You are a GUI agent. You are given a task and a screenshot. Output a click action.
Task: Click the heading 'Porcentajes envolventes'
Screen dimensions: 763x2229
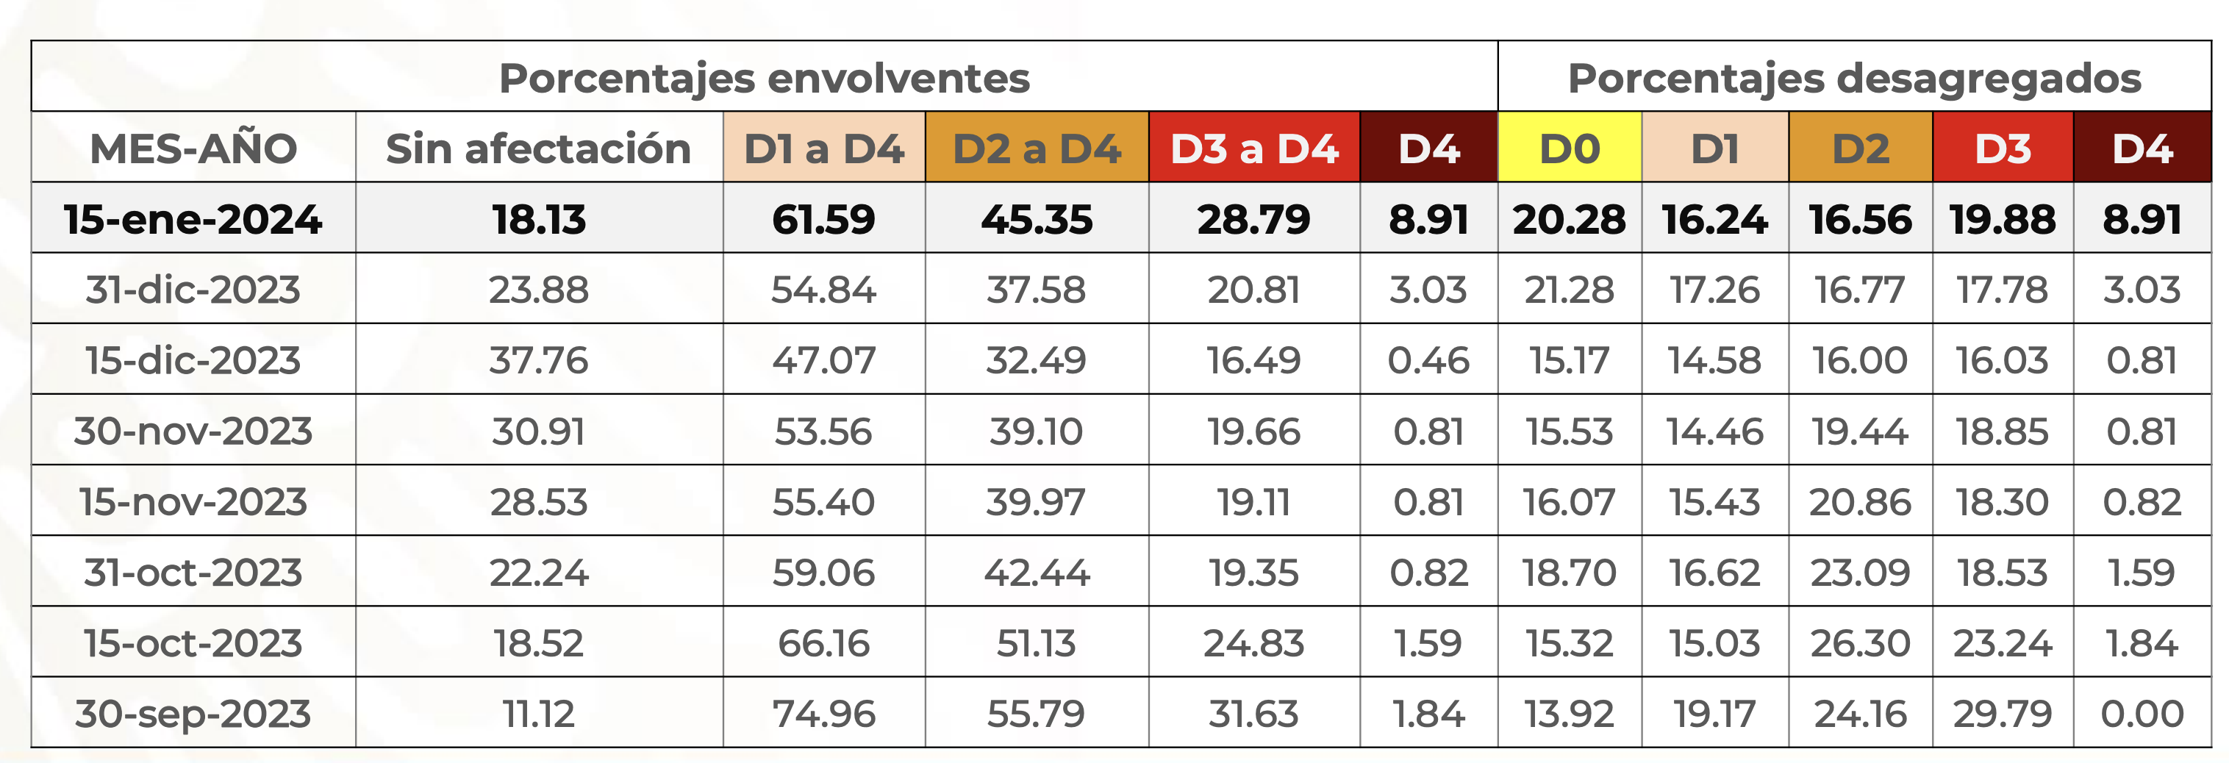[764, 78]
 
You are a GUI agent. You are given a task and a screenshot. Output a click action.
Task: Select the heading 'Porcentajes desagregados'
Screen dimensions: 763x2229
[1853, 78]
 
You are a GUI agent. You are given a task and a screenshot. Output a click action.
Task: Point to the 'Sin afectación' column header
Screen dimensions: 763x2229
[538, 148]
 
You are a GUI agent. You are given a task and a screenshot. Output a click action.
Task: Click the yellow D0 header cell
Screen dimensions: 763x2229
[1569, 148]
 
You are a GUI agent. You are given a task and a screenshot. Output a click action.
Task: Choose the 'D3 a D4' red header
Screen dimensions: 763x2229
[1254, 148]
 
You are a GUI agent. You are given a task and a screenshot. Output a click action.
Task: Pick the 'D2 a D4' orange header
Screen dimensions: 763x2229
[1037, 148]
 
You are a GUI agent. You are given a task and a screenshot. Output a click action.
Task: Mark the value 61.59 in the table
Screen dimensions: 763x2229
[824, 220]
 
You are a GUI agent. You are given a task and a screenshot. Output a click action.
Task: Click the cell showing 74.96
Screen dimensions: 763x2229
[824, 714]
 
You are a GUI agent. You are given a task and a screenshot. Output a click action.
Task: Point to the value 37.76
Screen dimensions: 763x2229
[538, 361]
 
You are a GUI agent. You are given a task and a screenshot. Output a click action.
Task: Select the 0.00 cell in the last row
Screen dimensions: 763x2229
[2142, 714]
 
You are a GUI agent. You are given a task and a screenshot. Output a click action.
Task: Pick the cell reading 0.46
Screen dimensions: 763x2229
[1428, 361]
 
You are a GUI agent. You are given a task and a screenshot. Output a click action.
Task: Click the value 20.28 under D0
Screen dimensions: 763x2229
[1569, 220]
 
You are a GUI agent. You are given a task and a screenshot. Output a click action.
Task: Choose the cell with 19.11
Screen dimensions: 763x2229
[1254, 502]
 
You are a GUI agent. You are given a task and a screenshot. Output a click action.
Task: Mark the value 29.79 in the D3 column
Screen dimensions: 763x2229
[2003, 714]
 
